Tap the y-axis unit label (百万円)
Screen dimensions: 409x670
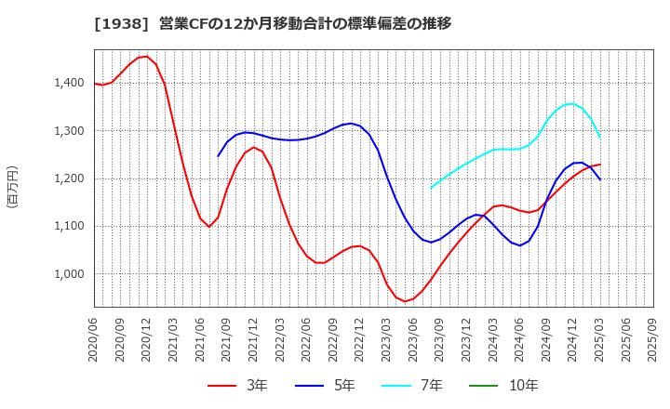click(x=12, y=186)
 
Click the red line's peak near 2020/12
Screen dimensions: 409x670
click(x=146, y=56)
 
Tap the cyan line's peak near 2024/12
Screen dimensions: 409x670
click(x=570, y=103)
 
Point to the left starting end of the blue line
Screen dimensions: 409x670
click(x=218, y=156)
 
